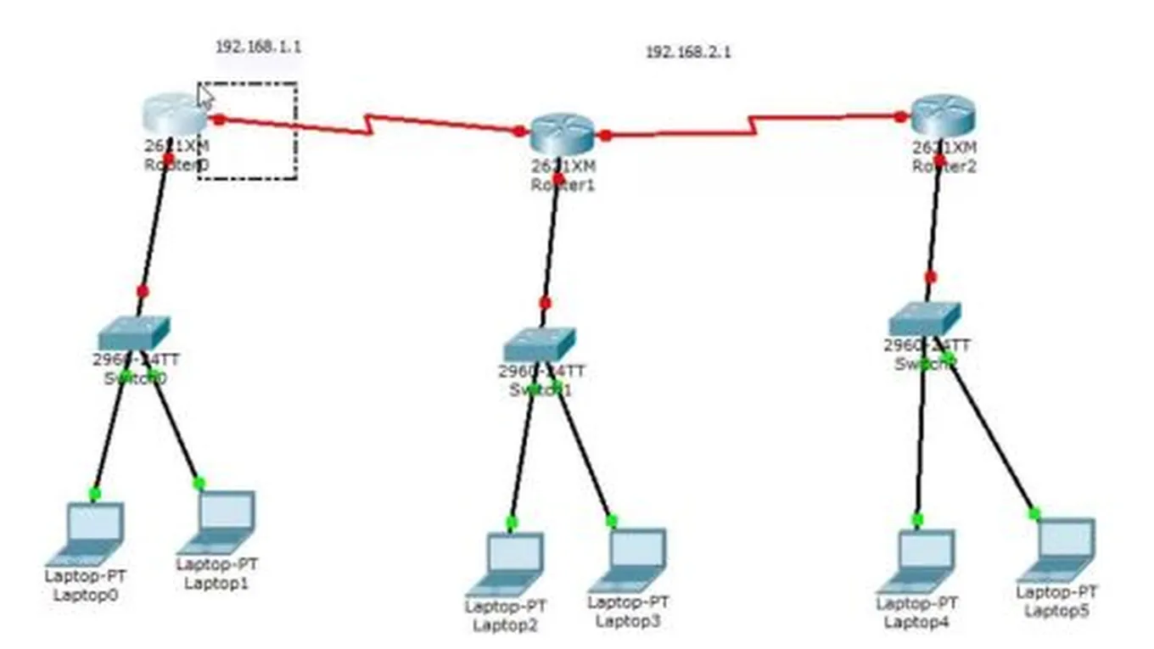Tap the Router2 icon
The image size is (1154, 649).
[943, 113]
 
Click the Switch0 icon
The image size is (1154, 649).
[133, 332]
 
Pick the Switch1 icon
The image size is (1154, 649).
[539, 344]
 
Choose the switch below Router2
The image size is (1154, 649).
[924, 318]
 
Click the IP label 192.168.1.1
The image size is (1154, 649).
[258, 47]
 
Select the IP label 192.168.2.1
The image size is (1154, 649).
[688, 52]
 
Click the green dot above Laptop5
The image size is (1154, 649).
[1034, 513]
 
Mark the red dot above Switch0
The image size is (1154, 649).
[143, 291]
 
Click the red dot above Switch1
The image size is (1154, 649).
[545, 303]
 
